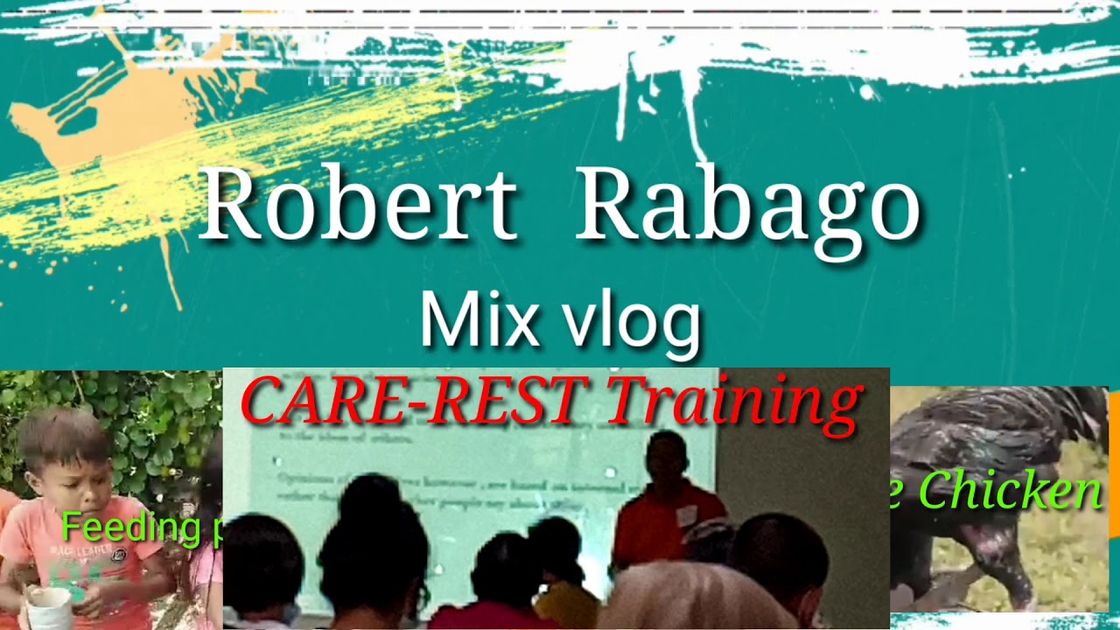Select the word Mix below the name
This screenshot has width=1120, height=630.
point(479,320)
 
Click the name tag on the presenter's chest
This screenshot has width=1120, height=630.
point(687,515)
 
